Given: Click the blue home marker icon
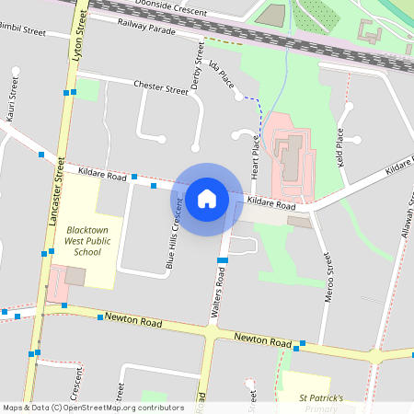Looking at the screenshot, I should coord(207,198).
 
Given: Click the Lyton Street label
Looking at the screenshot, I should coord(78,42).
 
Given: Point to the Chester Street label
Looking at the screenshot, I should coord(160,88).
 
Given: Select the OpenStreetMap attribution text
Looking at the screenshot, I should coord(93,407).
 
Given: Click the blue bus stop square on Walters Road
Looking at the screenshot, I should coord(222,261).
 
